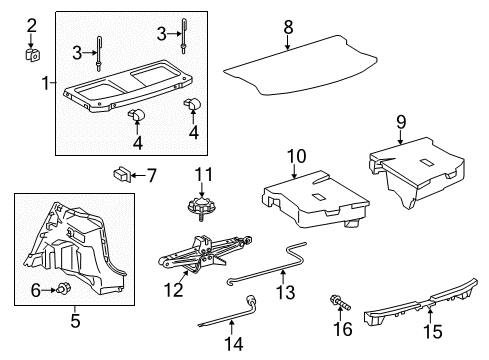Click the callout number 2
coord(31,25)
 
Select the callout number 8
coord(288,25)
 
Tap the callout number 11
coord(204,176)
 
